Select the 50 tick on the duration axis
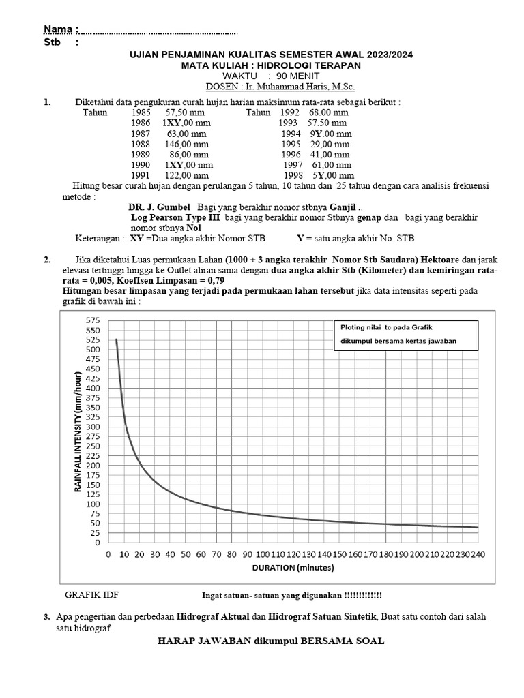186,555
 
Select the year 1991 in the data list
140,175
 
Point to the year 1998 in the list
293,175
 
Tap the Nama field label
61,29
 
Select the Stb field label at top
53,42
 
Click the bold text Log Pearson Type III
175,217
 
